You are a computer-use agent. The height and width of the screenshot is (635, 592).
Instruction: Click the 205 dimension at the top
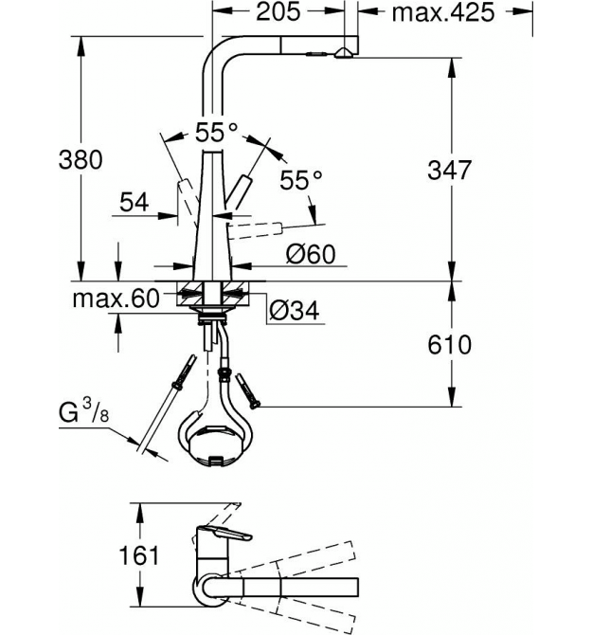pyautogui.click(x=278, y=11)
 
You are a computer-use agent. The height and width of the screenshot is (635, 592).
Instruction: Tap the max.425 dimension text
pyautogui.click(x=443, y=12)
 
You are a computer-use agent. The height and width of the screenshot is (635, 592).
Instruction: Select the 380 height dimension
pyautogui.click(x=81, y=159)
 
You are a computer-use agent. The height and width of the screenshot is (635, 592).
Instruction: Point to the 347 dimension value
pyautogui.click(x=449, y=170)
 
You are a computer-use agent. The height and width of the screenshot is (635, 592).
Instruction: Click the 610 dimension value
pyautogui.click(x=449, y=345)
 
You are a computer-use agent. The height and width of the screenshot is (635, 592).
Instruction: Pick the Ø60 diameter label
pyautogui.click(x=311, y=254)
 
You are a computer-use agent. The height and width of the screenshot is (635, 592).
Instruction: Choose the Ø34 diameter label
pyautogui.click(x=295, y=311)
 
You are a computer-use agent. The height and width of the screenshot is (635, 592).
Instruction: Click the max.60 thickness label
pyautogui.click(x=117, y=299)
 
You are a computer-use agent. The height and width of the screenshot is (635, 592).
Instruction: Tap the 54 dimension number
pyautogui.click(x=135, y=203)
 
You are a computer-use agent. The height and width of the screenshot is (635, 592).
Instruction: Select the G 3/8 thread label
pyautogui.click(x=83, y=411)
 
